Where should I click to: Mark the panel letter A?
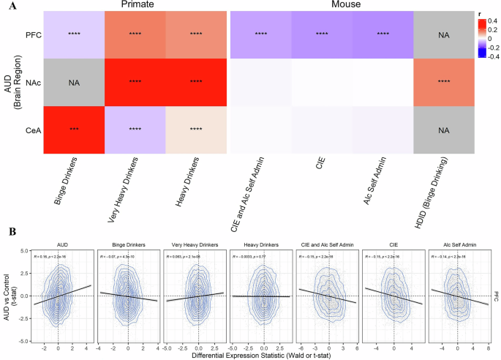[x=7, y=6]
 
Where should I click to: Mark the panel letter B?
[x=7, y=232]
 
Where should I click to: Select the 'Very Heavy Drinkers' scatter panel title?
[x=197, y=245]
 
